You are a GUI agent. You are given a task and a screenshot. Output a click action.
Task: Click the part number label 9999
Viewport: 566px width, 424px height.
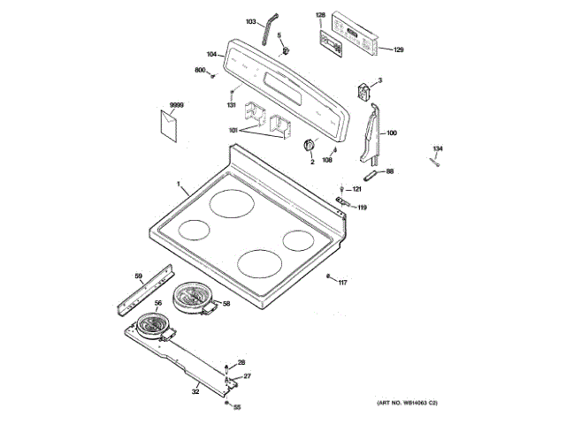(x=176, y=105)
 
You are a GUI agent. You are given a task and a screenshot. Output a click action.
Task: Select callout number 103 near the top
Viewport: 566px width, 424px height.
(x=250, y=21)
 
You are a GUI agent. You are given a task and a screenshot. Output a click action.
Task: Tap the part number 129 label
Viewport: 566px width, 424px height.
(x=398, y=49)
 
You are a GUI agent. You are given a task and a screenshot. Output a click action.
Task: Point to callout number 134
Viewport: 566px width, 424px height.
(x=438, y=148)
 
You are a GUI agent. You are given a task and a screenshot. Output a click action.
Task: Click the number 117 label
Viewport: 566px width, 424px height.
(x=342, y=283)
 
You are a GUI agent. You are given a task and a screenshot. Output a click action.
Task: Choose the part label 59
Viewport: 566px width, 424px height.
(x=138, y=276)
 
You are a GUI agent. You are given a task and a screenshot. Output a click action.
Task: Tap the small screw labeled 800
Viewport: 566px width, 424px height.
(x=214, y=76)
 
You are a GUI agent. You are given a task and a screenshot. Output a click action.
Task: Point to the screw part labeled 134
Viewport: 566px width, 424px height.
(x=434, y=161)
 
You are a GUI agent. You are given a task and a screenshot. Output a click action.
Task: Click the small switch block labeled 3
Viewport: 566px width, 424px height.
(x=362, y=90)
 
